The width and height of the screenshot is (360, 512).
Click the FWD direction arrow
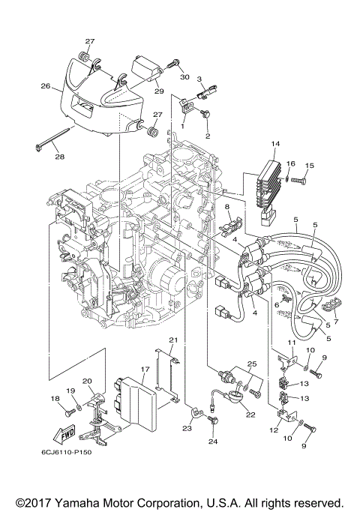coord(63,433)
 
